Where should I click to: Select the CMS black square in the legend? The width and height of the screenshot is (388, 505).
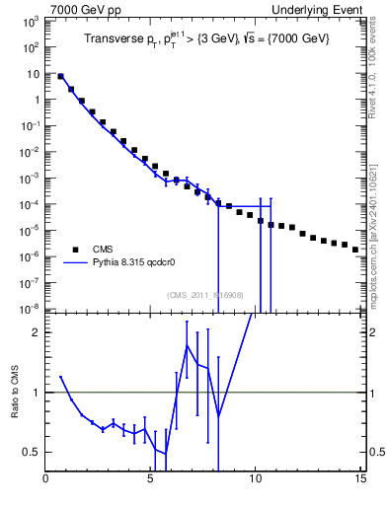tap(72, 249)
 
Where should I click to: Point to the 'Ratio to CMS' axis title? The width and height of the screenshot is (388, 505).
tap(16, 393)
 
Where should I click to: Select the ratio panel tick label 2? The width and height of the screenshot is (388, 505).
tap(37, 332)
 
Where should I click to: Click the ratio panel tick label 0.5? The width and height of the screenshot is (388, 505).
tap(33, 452)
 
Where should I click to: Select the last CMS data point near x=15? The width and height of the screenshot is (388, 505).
tap(355, 250)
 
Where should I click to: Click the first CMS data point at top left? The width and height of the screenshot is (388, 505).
tap(61, 76)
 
